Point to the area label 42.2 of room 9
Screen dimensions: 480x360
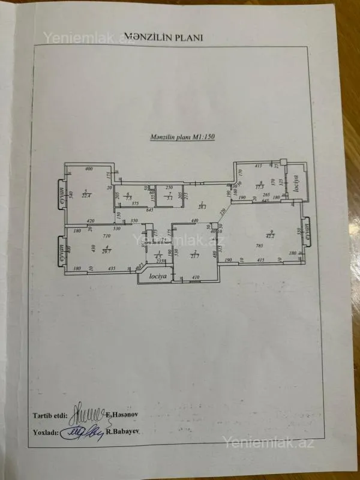[x=271, y=236]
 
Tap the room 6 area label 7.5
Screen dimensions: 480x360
[x=128, y=199]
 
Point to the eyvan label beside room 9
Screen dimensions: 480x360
[x=308, y=233]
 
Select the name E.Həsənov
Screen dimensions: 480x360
[x=122, y=415]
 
